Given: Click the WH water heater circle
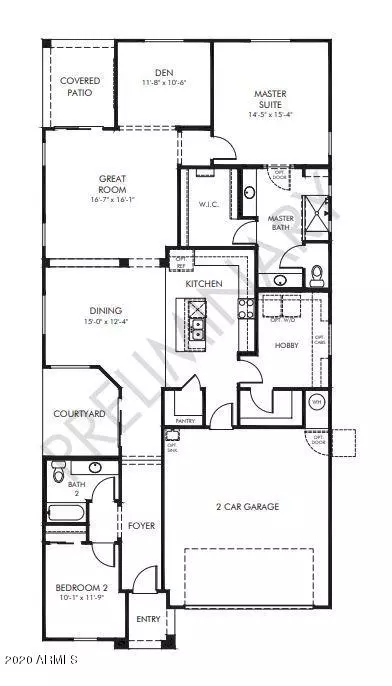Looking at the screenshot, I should pos(318,403).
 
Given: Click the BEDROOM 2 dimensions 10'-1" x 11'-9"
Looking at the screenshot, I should pos(76,599).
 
